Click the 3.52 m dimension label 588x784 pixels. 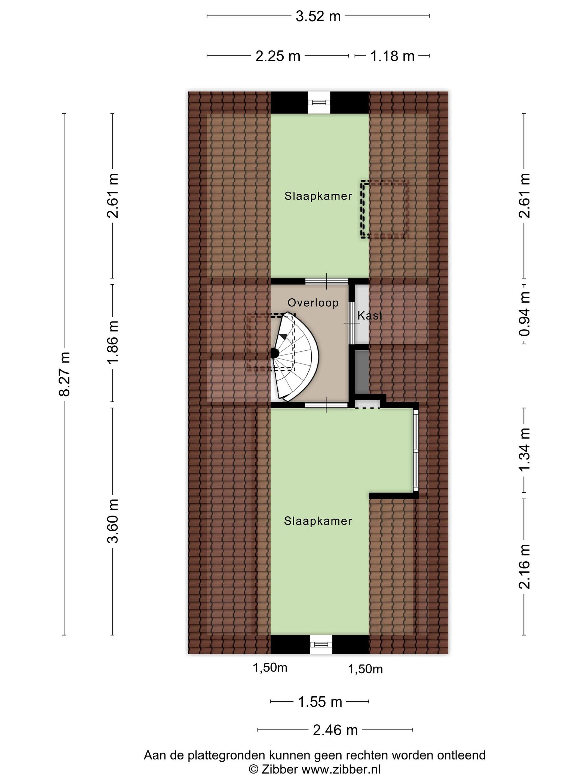[x=318, y=16]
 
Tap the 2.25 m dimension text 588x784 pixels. [x=278, y=56]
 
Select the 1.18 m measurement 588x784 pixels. [x=392, y=56]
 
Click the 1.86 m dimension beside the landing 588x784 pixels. [x=113, y=342]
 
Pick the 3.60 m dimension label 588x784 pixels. [x=113, y=521]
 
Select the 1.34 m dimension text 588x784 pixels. [x=524, y=449]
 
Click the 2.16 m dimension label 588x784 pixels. [x=524, y=567]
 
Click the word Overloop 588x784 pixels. [x=313, y=303]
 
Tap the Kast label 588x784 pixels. [x=370, y=316]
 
